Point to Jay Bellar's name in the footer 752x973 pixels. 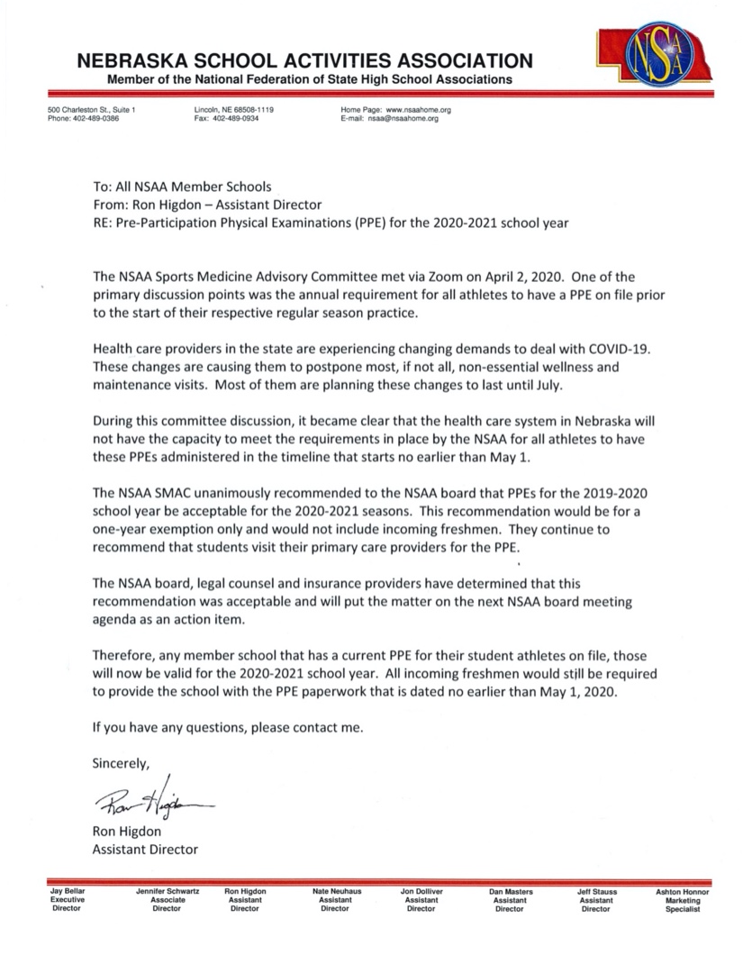[66, 891]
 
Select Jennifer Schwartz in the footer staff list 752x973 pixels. [167, 891]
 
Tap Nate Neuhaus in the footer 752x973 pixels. [335, 891]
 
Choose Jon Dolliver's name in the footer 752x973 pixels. [421, 891]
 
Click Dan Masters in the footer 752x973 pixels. [511, 891]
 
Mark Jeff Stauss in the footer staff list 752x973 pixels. [597, 891]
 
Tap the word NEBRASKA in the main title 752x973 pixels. [134, 61]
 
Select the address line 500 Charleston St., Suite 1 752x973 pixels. [91, 110]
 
